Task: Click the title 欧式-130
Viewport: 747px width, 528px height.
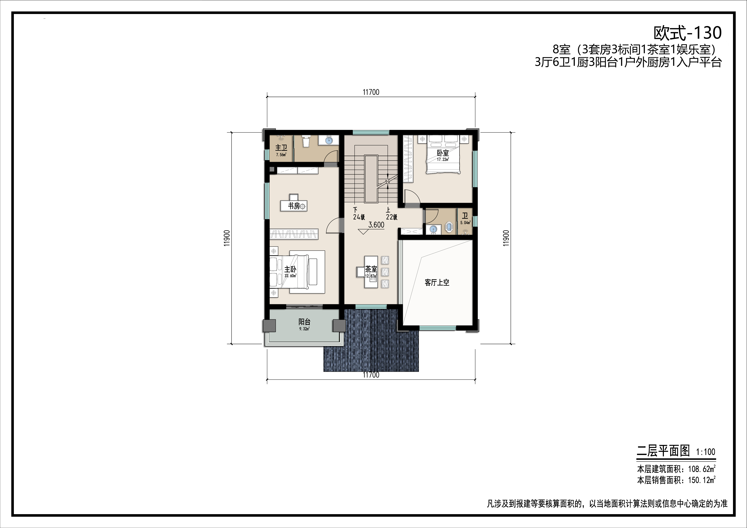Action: (x=688, y=33)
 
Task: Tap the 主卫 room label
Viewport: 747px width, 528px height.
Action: (x=281, y=148)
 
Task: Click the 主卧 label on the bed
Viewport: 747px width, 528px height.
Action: (x=290, y=270)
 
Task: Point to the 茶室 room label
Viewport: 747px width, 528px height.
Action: (x=371, y=269)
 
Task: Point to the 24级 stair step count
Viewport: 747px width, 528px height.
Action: (x=359, y=217)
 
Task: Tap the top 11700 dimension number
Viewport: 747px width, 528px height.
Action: (x=371, y=92)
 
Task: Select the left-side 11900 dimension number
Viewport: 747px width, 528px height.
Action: (x=227, y=238)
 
